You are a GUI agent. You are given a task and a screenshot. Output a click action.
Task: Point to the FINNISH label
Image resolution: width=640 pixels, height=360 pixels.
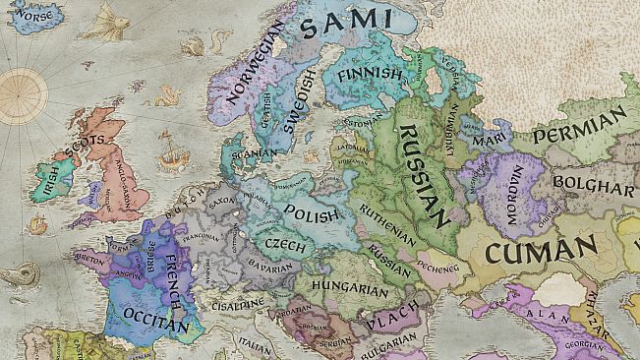(x=369, y=75)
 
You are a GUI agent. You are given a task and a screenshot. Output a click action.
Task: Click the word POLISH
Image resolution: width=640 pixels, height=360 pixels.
(x=311, y=212)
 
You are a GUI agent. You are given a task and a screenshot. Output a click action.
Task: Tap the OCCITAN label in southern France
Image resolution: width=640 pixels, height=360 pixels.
(x=156, y=316)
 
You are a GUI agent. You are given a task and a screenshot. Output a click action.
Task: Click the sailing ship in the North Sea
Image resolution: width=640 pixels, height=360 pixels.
(x=171, y=152)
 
